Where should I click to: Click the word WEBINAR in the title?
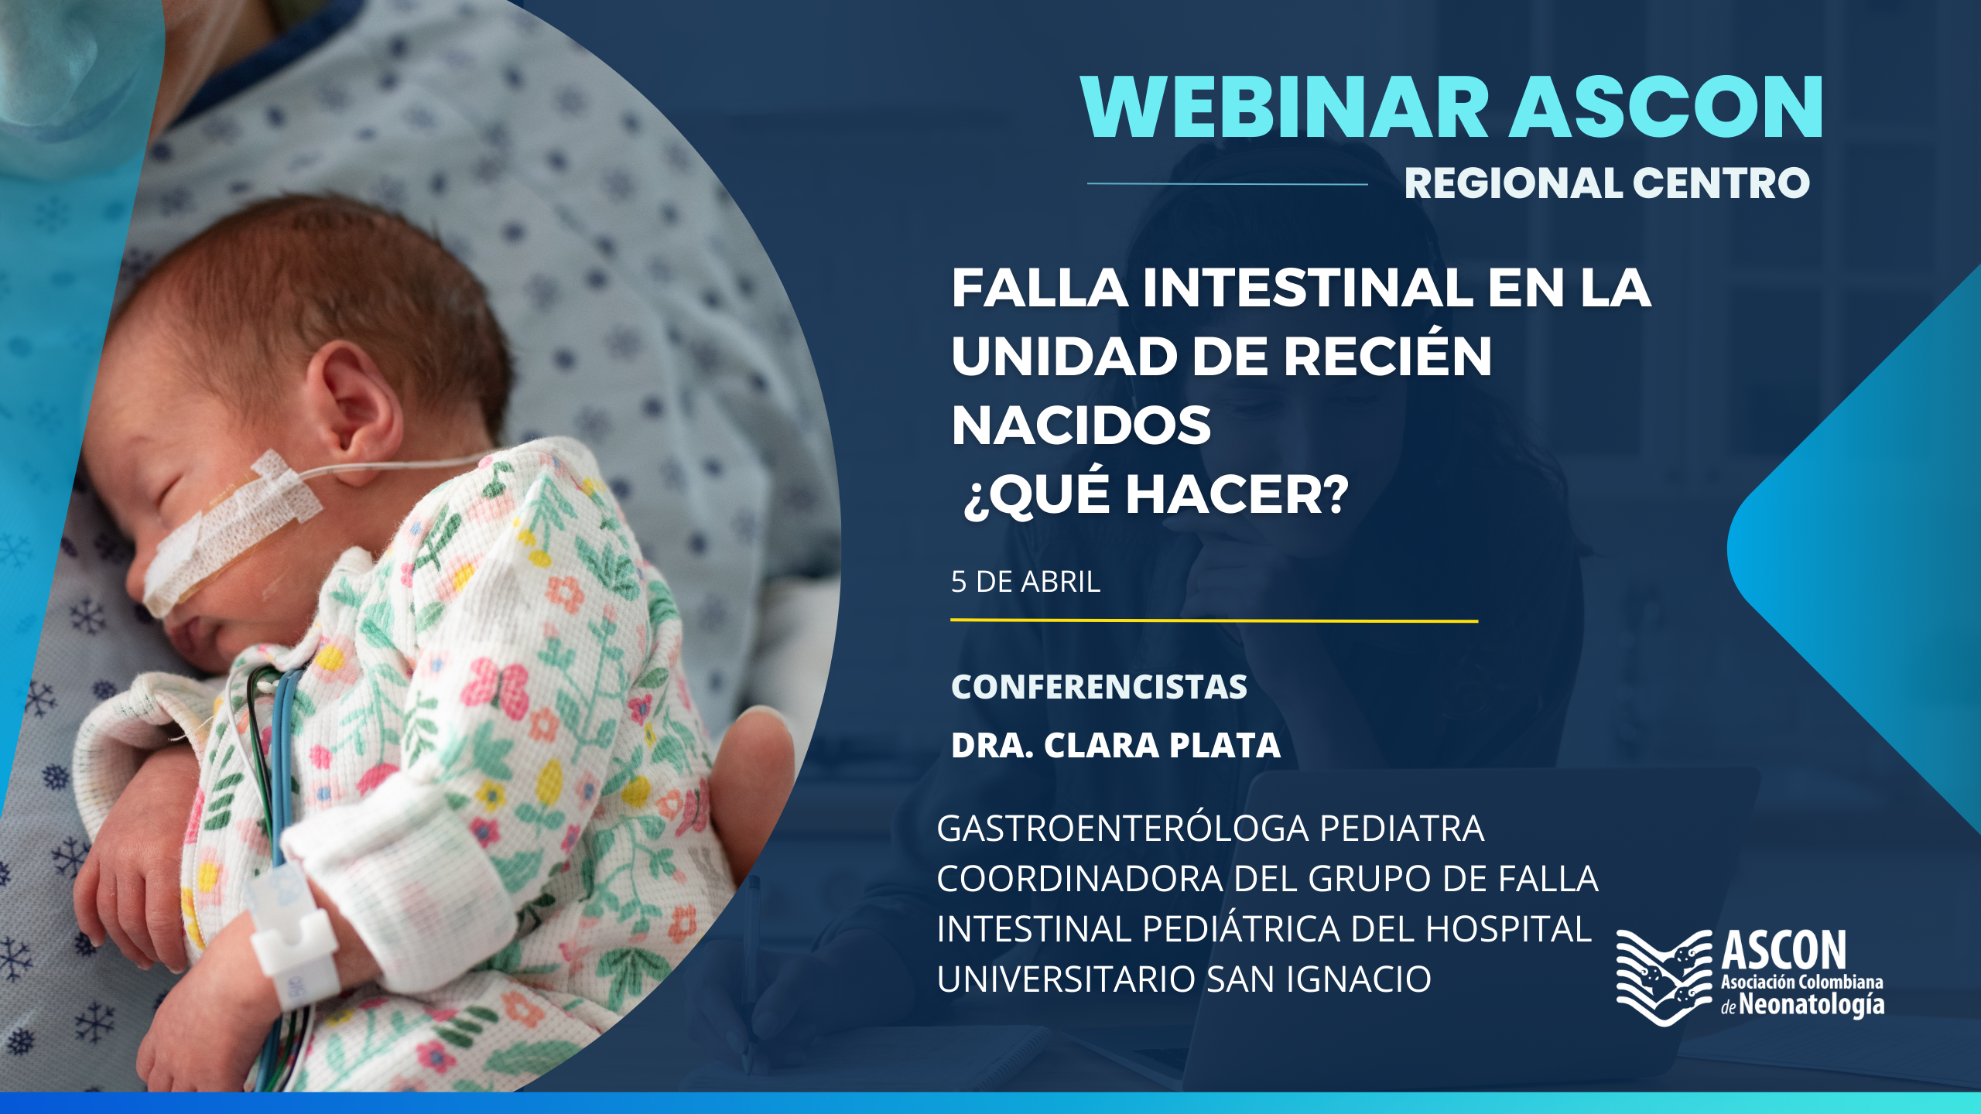(x=1285, y=108)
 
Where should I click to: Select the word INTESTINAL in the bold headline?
(x=1309, y=288)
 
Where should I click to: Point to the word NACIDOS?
(x=1081, y=425)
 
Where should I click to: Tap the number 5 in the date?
(x=959, y=582)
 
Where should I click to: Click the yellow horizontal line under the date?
(x=1214, y=620)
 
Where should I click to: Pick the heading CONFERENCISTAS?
(x=1099, y=687)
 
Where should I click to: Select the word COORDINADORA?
(x=1080, y=879)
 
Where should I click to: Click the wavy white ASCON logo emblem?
(x=1664, y=978)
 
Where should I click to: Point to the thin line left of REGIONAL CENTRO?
(x=1227, y=183)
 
